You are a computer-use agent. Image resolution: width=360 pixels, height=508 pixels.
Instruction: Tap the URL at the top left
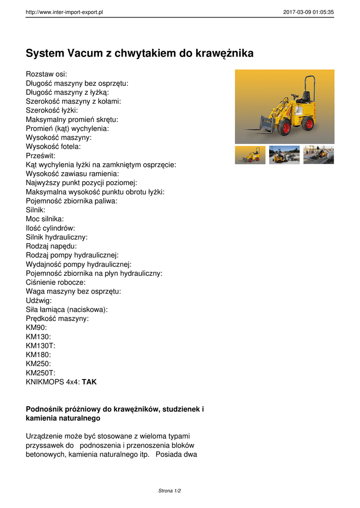point(64,12)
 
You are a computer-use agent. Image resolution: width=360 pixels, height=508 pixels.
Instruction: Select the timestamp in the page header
point(308,12)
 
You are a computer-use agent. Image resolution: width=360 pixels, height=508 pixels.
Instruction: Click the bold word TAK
point(89,382)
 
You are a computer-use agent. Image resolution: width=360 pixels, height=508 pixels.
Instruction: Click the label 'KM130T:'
point(40,346)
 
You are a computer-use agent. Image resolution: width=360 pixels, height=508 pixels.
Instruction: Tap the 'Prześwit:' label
point(41,156)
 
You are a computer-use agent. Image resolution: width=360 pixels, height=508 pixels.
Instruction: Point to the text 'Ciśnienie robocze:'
point(56,282)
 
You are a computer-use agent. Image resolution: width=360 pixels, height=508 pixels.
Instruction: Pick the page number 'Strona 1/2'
point(169,491)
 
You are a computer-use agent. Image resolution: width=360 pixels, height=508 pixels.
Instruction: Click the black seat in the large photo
point(304,97)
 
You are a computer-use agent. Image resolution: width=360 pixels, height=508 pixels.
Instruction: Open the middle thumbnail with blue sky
point(284,155)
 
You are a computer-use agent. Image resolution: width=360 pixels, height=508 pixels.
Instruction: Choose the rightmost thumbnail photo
point(318,155)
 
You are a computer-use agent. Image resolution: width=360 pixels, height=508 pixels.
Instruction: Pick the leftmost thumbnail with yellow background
point(250,155)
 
